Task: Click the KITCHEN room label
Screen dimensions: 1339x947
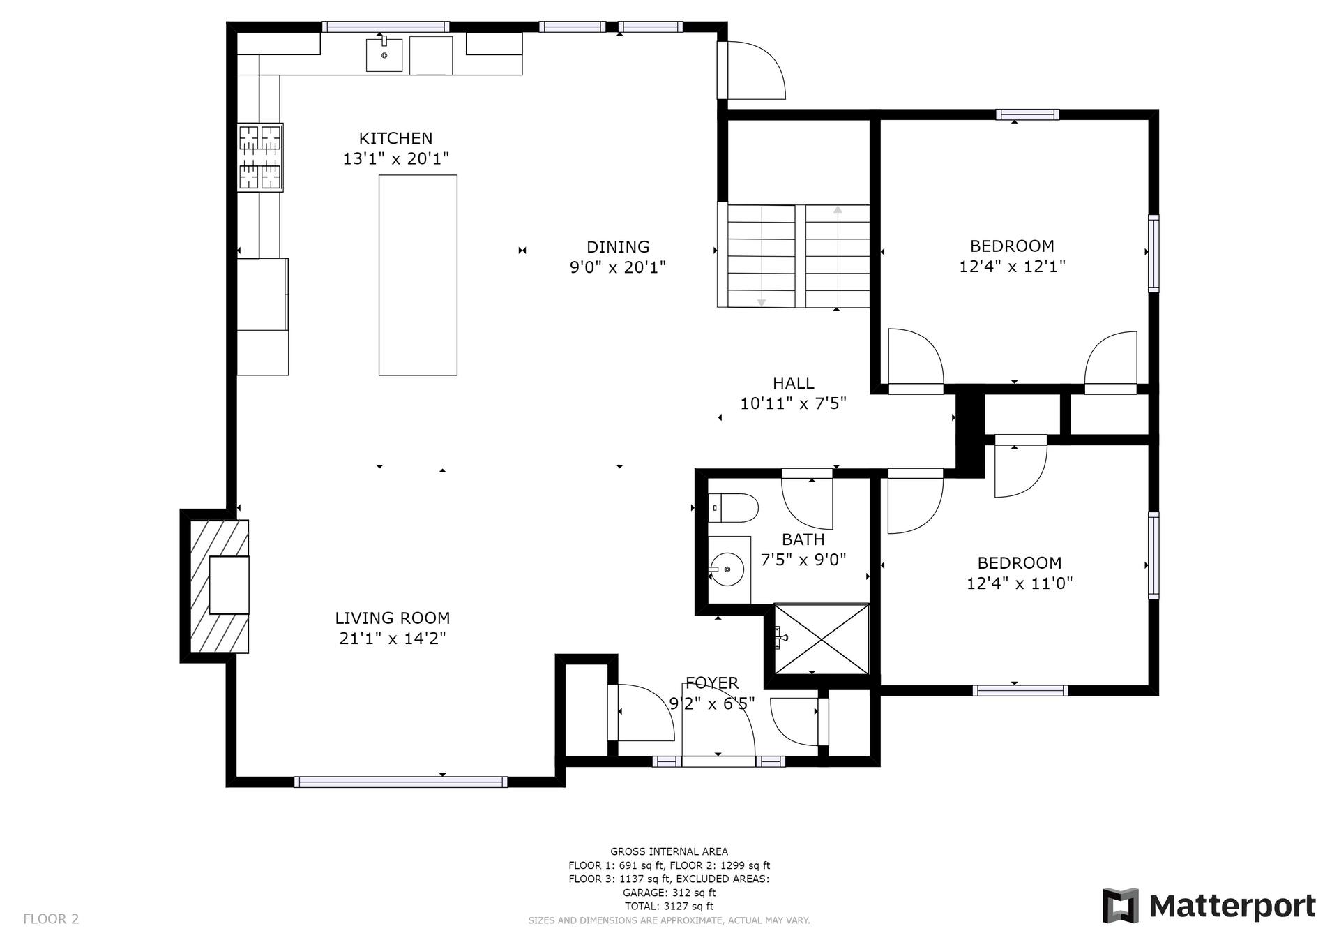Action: (395, 138)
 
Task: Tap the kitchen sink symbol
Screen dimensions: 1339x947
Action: (384, 55)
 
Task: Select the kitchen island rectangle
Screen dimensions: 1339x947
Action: (418, 275)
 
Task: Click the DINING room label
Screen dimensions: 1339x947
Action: (618, 247)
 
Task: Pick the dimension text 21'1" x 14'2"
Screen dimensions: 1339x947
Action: (393, 639)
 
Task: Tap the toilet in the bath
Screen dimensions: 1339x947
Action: (733, 508)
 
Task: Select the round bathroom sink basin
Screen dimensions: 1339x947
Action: (727, 569)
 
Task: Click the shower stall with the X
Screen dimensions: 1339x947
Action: (822, 639)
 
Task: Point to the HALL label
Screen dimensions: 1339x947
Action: (794, 383)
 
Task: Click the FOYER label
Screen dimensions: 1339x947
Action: (712, 683)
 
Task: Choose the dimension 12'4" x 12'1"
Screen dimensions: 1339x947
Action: (1013, 267)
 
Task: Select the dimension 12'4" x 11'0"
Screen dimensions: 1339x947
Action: (1020, 583)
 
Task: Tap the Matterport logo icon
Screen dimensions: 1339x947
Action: (1121, 906)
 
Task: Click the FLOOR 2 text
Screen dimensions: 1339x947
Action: (51, 919)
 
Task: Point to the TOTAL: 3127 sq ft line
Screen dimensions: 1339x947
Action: (669, 907)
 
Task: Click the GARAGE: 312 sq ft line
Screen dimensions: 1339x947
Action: (669, 893)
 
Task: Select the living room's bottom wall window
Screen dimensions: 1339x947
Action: (400, 782)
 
